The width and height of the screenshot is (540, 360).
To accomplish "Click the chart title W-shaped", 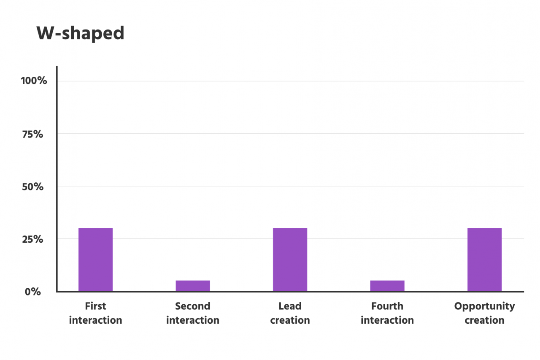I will click(81, 33).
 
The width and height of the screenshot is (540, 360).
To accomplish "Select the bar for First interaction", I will click(96, 259).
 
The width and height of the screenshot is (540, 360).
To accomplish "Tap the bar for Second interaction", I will click(193, 286).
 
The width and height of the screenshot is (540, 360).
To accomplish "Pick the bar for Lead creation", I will click(290, 259).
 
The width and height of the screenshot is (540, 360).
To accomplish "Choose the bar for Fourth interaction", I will click(387, 286).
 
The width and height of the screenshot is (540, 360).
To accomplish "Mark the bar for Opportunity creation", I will click(484, 259).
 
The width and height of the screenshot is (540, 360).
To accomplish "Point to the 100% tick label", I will click(34, 81).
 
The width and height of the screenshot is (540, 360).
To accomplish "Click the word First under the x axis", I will click(96, 306).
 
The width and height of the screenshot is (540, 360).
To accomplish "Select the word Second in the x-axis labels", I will click(193, 306).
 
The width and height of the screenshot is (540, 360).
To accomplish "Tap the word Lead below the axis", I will click(290, 306).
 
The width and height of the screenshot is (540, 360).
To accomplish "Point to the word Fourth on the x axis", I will click(387, 306).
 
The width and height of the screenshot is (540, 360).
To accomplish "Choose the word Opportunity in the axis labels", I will click(484, 306).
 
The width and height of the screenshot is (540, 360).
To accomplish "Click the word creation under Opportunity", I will click(484, 320).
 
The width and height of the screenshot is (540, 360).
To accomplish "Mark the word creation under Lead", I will click(290, 320).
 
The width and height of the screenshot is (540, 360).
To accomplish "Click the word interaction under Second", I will click(193, 320).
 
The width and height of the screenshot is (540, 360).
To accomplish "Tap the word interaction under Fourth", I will click(387, 320).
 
